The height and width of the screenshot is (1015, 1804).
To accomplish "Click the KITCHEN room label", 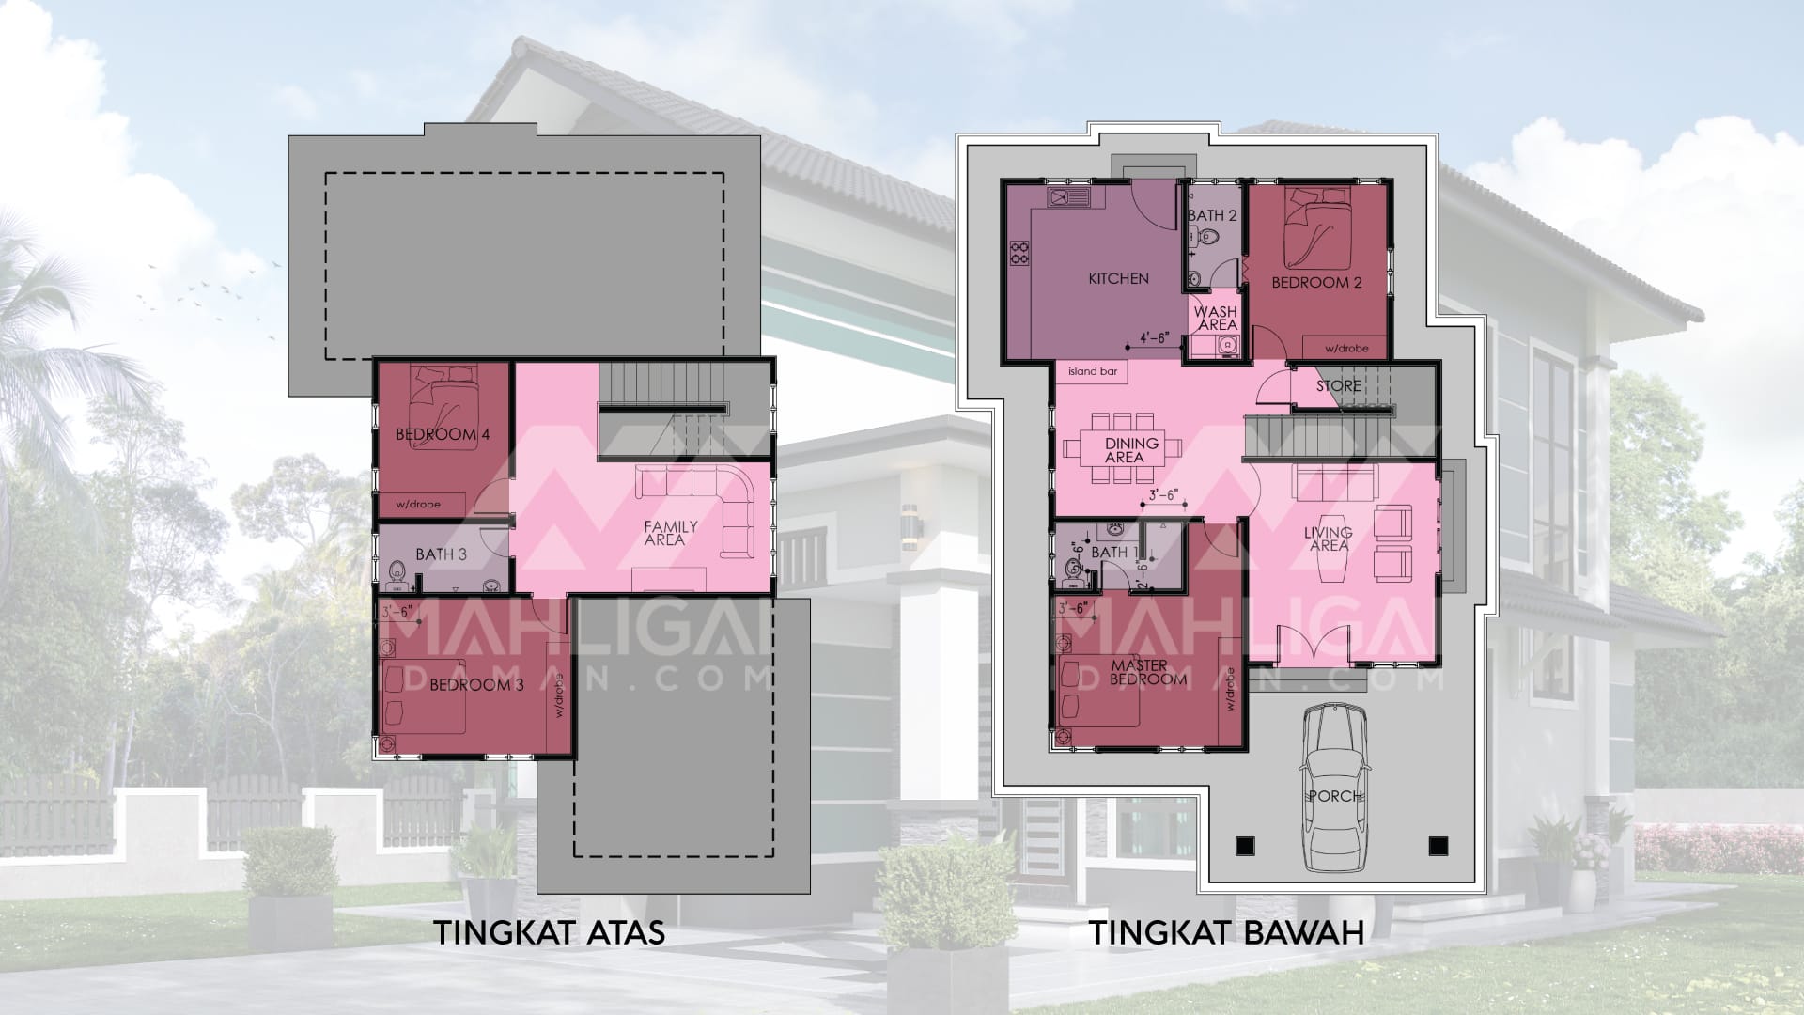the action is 1118,278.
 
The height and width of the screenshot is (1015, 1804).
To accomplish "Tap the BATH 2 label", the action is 1212,215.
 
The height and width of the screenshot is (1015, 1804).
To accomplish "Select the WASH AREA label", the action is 1217,318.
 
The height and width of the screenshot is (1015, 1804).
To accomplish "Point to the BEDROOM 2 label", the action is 1316,282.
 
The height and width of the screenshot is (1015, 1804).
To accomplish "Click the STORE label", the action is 1338,386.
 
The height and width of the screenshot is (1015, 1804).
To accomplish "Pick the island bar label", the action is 1093,371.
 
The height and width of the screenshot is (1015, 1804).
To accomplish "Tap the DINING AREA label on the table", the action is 1131,450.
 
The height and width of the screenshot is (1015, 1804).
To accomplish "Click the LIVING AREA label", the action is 1328,539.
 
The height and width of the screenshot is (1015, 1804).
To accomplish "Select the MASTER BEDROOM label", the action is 1139,672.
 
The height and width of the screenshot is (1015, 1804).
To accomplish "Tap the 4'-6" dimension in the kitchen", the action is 1154,337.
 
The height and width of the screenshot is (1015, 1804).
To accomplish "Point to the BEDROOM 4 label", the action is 443,434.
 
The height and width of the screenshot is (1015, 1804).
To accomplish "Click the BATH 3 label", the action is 441,554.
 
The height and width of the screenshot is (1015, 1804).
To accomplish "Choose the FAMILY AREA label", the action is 670,533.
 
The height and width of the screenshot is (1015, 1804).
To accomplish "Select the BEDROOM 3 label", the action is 476,685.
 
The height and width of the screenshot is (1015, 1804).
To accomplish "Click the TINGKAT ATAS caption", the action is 549,933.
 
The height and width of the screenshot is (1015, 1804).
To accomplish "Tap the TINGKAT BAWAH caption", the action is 1226,933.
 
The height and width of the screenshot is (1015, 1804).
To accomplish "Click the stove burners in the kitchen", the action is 1019,253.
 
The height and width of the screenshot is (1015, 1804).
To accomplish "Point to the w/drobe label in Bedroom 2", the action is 1346,349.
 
